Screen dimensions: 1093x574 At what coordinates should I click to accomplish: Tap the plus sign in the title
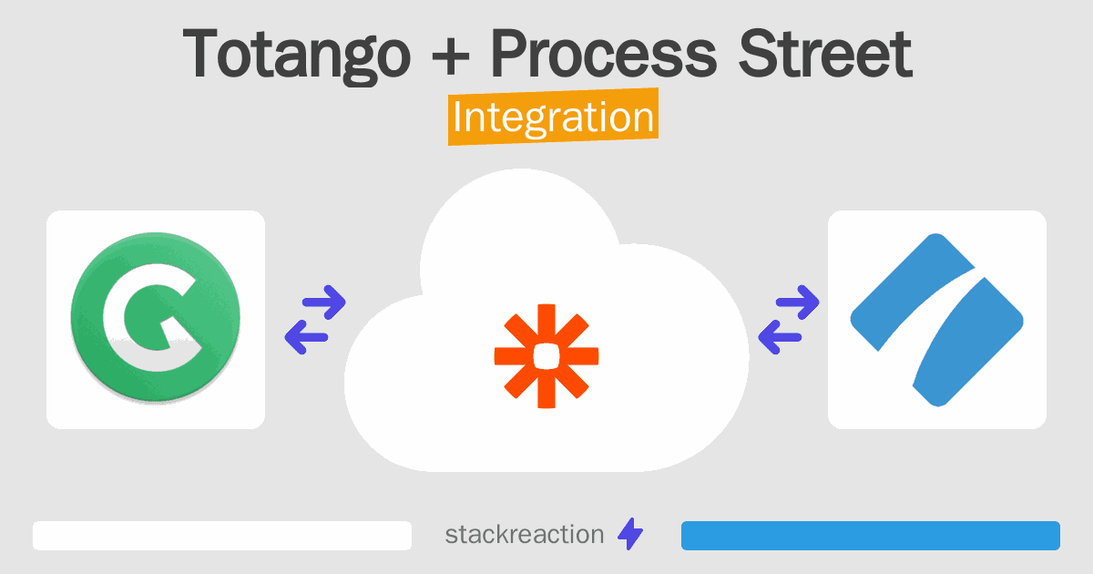[x=450, y=56]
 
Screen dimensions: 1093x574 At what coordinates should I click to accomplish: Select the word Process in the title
[x=604, y=53]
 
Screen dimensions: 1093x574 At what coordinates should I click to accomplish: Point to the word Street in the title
[x=825, y=53]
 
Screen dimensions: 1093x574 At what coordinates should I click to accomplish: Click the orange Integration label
[x=554, y=117]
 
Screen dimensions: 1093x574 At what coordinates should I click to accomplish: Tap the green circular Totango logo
[x=156, y=317]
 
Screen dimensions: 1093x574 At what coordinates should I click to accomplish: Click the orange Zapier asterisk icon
[x=546, y=356]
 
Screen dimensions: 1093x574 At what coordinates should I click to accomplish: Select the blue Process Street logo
[x=937, y=320]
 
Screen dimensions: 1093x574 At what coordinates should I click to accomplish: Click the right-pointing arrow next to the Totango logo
[x=324, y=302]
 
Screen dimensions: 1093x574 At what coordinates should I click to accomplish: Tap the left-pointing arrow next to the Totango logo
[x=306, y=337]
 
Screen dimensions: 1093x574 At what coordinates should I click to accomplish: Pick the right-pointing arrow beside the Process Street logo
[x=798, y=302]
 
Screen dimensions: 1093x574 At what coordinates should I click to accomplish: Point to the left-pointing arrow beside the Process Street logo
[x=781, y=337]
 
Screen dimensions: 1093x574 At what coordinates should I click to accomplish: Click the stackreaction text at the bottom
[x=525, y=535]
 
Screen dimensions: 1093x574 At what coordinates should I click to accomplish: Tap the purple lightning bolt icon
[x=630, y=534]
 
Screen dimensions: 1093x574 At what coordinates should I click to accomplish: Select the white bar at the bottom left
[x=222, y=536]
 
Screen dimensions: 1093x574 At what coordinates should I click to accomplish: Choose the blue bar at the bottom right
[x=871, y=536]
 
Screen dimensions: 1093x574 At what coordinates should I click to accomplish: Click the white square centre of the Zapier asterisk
[x=546, y=356]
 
